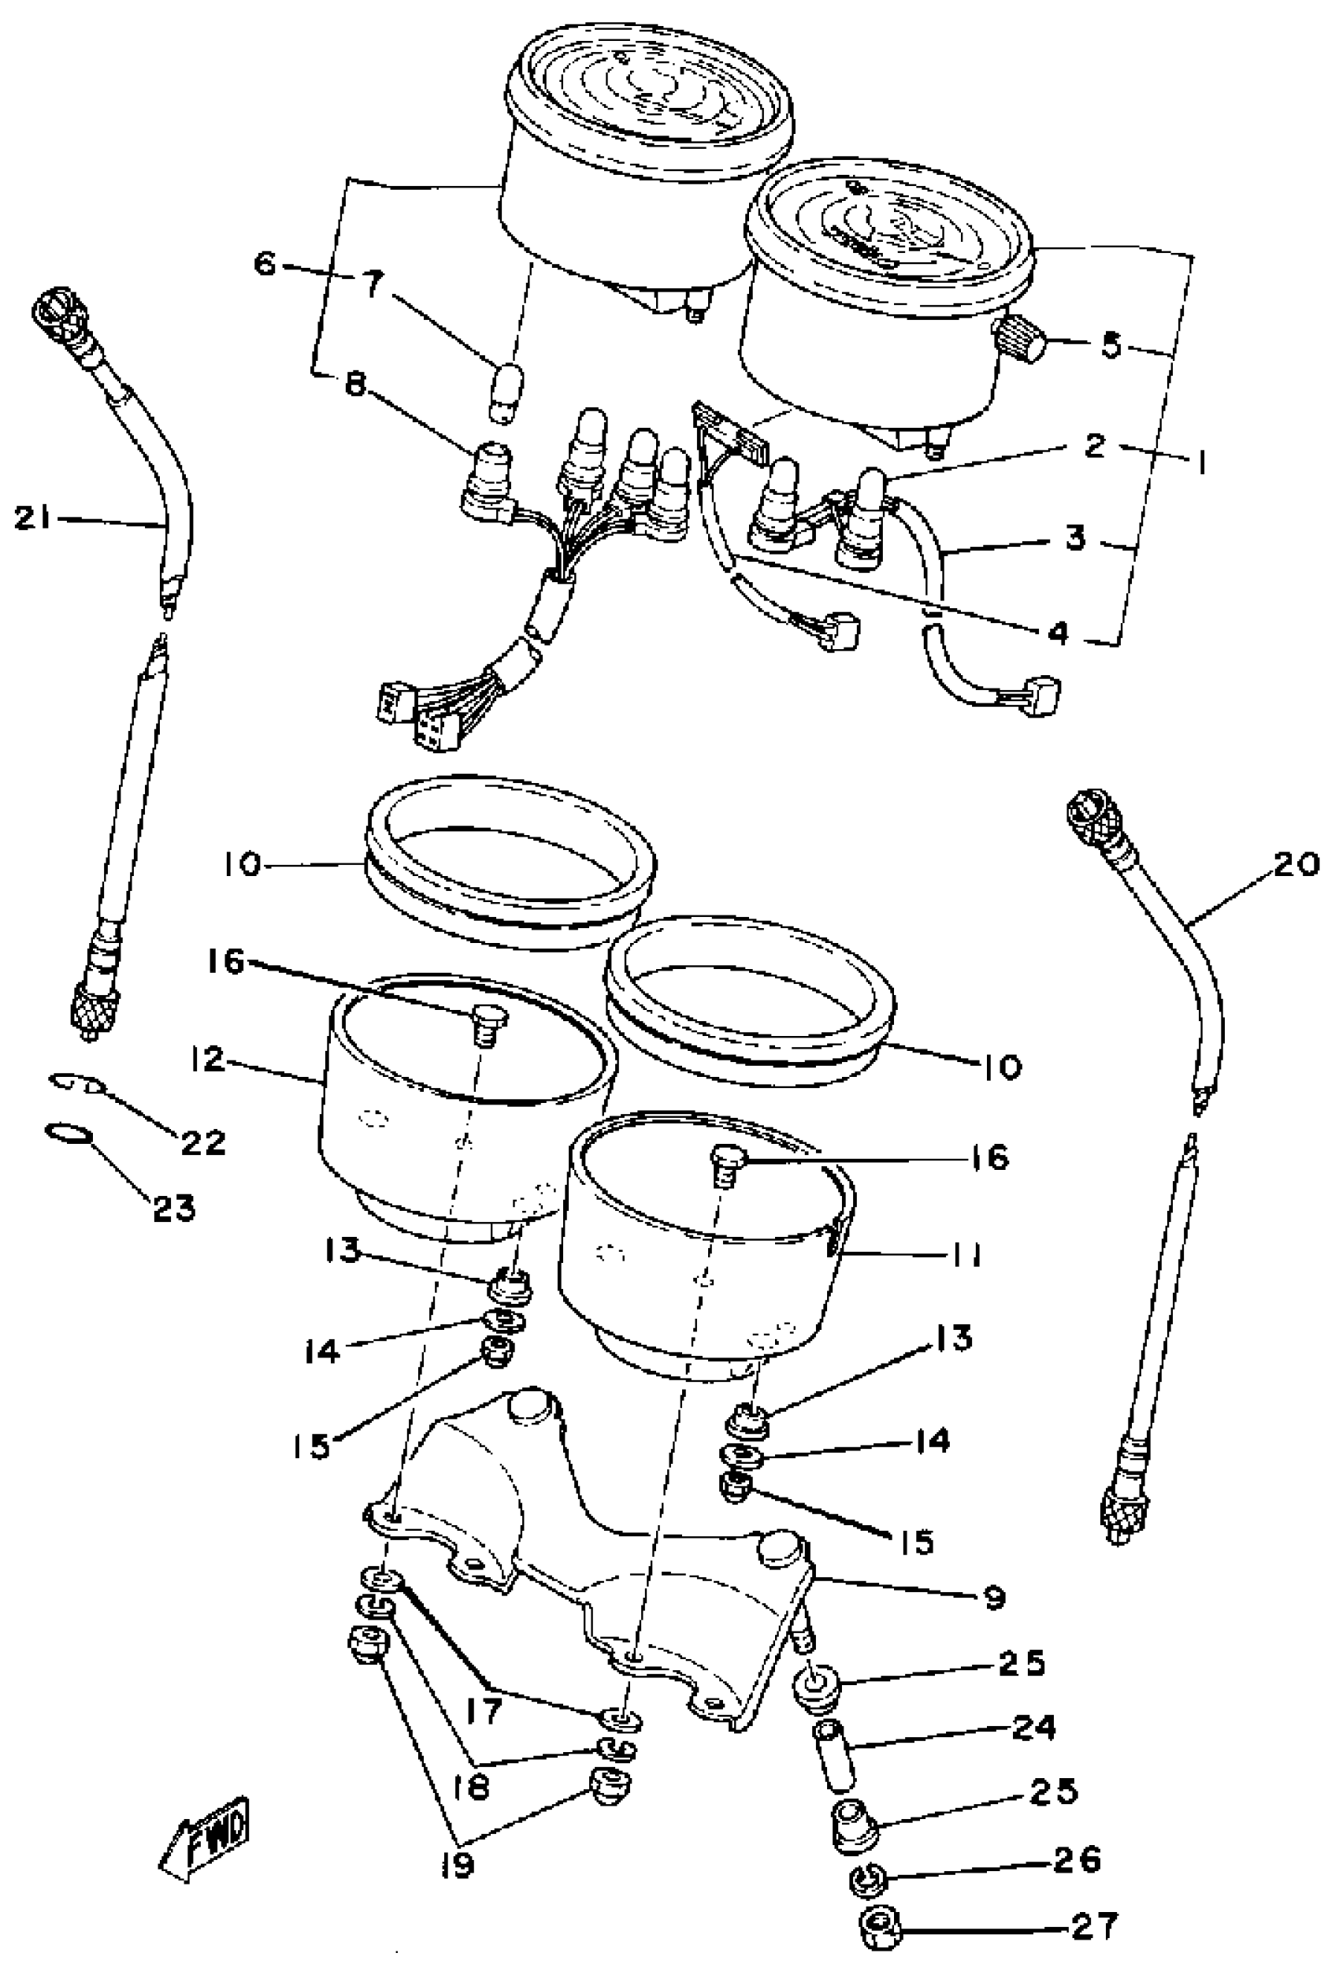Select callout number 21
[33, 518]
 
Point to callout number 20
[1296, 864]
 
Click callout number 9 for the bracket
[994, 1598]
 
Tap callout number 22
[202, 1142]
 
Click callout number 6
[266, 264]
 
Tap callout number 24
[1033, 1726]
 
